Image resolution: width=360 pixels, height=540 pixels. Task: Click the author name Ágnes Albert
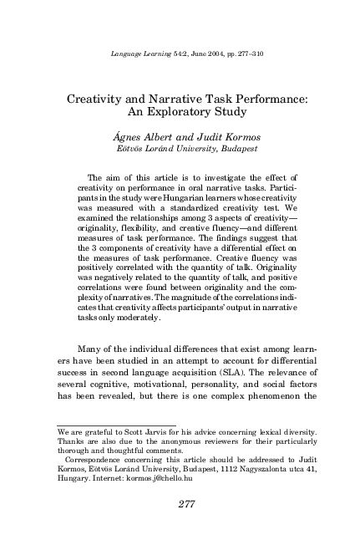tap(151, 135)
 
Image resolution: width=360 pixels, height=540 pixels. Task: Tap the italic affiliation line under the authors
tap(180, 148)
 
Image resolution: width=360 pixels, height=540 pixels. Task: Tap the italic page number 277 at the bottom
tap(180, 503)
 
